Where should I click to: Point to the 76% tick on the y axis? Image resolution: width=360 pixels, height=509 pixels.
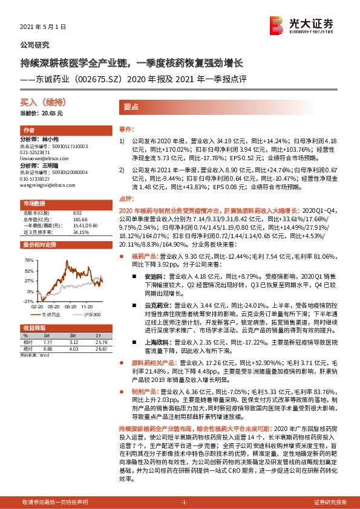pyautogui.click(x=28, y=260)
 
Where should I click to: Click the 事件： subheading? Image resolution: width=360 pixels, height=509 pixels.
pyautogui.click(x=126, y=129)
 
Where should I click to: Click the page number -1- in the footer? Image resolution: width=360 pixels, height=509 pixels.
pyautogui.click(x=185, y=502)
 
